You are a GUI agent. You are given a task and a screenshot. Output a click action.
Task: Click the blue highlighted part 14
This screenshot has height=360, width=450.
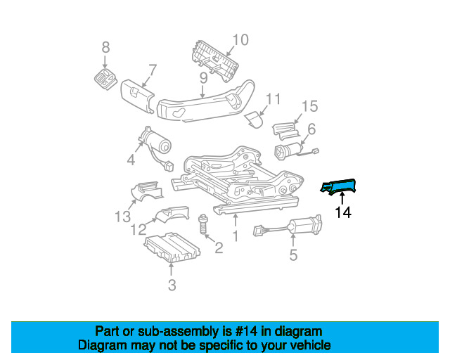click(340, 186)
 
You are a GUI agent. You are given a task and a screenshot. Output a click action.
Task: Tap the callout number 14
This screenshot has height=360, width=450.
click(343, 212)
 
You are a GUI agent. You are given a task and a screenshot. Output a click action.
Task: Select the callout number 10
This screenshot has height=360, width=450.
click(240, 40)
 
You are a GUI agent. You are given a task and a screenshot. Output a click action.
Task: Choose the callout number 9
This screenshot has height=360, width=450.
click(202, 77)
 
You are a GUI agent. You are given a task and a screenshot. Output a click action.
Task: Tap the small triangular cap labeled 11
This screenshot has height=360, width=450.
click(253, 120)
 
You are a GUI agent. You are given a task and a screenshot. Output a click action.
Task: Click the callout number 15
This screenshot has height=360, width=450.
click(310, 106)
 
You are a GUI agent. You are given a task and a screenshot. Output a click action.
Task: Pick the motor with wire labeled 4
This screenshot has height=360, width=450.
click(156, 143)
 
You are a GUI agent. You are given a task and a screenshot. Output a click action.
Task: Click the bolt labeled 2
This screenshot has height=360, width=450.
click(203, 226)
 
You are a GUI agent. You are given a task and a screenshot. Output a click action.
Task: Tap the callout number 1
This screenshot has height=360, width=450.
click(236, 237)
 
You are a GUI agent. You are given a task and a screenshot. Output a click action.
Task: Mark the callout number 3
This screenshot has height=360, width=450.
click(172, 285)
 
